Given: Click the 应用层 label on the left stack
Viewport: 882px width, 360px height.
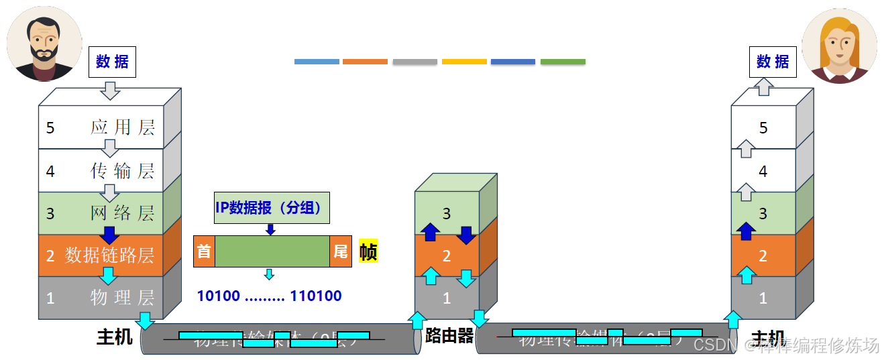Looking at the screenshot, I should tap(123, 127).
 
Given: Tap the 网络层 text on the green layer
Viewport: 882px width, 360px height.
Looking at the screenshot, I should tap(123, 213).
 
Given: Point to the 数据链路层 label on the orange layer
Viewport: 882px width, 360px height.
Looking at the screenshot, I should tap(109, 255).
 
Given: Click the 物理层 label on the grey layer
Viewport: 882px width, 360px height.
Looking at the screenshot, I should tap(123, 297).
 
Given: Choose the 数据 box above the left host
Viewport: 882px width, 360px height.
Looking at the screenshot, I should tap(112, 62).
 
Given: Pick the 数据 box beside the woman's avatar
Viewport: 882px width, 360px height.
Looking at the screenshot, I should tap(773, 62).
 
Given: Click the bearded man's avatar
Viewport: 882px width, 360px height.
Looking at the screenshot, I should tap(45, 44).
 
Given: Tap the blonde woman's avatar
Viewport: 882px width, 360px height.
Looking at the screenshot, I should tap(839, 46).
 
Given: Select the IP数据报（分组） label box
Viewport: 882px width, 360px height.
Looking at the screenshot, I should tap(272, 208).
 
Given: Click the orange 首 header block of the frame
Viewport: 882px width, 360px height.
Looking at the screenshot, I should tap(204, 251).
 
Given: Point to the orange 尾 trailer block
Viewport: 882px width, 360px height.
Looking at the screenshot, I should tap(341, 251).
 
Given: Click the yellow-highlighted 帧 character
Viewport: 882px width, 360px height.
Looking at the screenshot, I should tap(368, 251).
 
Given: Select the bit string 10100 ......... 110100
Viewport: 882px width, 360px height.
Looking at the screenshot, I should tap(269, 296).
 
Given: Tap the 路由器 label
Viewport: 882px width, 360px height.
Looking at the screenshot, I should tap(449, 336).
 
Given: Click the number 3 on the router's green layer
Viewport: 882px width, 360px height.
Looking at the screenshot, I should tap(447, 213).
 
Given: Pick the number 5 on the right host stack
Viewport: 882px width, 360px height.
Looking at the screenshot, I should tap(763, 128).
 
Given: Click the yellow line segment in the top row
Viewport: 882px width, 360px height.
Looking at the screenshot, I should tap(464, 62).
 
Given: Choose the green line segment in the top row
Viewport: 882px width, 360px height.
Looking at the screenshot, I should tap(563, 62).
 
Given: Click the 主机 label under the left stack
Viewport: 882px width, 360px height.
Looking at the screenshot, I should tap(115, 337).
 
